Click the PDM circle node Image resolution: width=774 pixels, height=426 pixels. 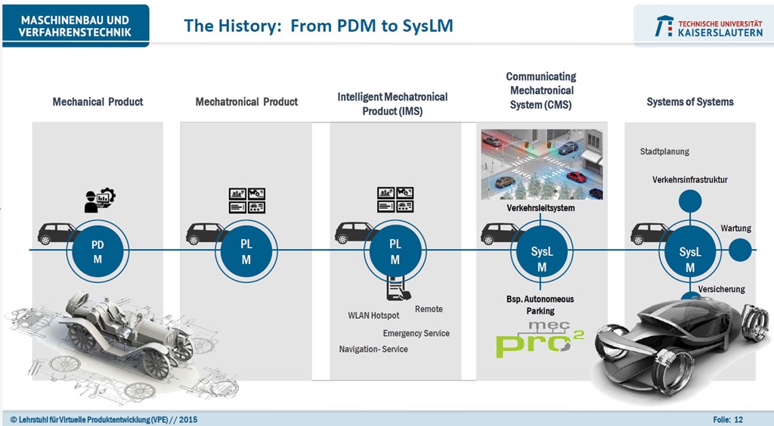point(98,251)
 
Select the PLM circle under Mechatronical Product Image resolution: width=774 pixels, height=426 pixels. point(246,251)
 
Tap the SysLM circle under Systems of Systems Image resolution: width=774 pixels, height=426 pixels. point(689,259)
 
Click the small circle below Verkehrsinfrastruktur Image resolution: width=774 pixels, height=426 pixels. point(689,201)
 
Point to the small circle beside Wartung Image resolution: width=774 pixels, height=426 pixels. point(739,250)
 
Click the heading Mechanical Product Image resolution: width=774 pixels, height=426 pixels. point(98,102)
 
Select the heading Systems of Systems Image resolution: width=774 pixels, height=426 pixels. point(690,102)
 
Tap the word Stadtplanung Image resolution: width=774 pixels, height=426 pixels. point(664,152)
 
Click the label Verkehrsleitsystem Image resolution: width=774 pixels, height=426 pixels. point(540,208)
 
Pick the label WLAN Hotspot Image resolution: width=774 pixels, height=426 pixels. point(373,316)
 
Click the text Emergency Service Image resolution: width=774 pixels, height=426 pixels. point(416,334)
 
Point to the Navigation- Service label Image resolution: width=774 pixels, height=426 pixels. point(373,349)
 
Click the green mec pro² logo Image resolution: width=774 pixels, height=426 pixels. point(540,339)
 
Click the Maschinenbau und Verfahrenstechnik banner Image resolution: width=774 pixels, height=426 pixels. point(76,26)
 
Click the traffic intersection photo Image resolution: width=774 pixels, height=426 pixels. point(542,165)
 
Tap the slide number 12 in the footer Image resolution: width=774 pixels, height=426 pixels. point(738,420)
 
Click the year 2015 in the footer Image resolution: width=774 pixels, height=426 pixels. point(188,420)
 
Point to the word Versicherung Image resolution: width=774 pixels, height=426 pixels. point(721,289)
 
